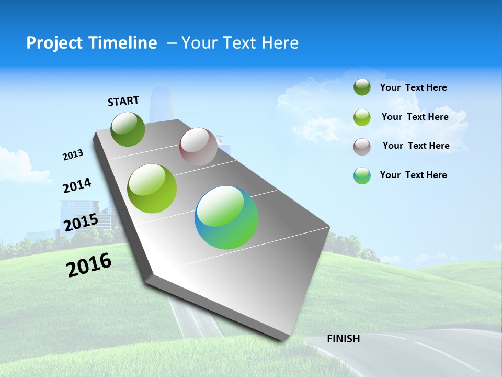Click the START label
click(x=123, y=101)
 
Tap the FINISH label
click(x=344, y=338)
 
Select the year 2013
click(x=73, y=155)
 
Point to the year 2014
click(x=77, y=185)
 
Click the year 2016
click(x=89, y=265)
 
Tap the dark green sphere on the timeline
click(x=128, y=129)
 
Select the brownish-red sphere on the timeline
click(x=198, y=147)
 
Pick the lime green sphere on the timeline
click(x=152, y=188)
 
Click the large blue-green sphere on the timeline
click(x=226, y=217)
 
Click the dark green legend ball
click(x=362, y=87)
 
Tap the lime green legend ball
click(x=362, y=117)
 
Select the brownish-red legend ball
click(x=362, y=147)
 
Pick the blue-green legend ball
click(x=362, y=175)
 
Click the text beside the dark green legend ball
click(x=413, y=87)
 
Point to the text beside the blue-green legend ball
click(x=413, y=175)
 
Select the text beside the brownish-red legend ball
click(x=416, y=146)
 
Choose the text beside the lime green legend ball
click(x=415, y=117)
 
